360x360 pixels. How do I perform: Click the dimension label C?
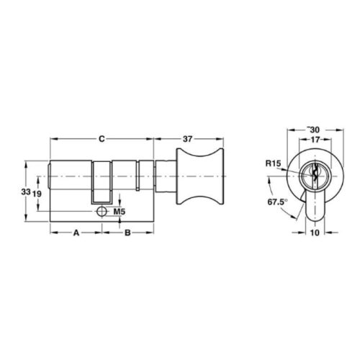pos(102,139)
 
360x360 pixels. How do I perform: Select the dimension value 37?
pos(188,139)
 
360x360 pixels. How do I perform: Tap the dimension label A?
pos(76,233)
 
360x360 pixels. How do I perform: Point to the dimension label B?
pos(127,233)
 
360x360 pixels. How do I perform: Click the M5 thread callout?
pos(120,212)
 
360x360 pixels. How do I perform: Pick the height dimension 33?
pos(26,192)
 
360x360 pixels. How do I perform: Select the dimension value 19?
pos(37,194)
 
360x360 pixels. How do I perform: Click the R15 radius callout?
pos(273,163)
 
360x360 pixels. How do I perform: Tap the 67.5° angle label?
pos(277,202)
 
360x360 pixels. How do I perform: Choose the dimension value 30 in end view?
pos(315,130)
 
